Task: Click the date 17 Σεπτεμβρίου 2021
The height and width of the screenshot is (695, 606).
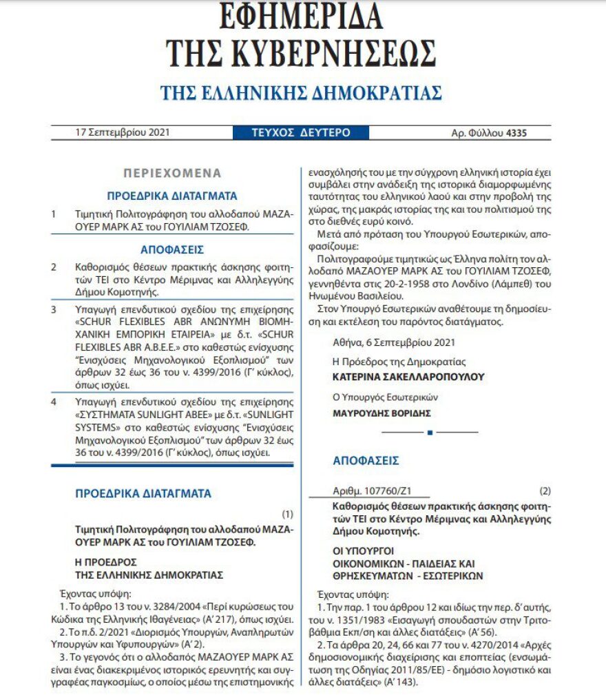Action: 123,133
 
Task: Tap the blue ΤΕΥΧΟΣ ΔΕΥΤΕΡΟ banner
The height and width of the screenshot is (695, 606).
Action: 302,133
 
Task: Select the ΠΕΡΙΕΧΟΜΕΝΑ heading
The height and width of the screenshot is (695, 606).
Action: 172,173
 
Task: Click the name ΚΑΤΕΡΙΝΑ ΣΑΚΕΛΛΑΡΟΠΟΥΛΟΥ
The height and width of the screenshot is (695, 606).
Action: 408,377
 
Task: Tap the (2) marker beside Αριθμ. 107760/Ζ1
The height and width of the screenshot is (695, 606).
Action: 545,491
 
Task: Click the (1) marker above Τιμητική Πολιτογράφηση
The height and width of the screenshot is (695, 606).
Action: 288,514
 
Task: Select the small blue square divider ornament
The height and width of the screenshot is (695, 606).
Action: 430,433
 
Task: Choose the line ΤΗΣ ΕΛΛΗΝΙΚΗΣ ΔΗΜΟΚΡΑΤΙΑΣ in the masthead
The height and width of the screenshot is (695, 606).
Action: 301,92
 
